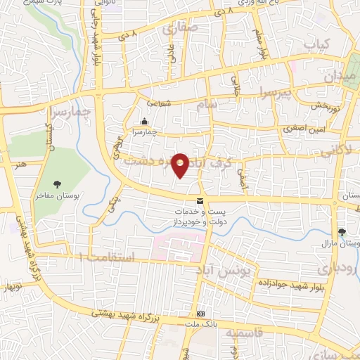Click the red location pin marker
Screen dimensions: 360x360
[181, 165]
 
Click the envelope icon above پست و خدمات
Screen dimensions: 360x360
[200, 201]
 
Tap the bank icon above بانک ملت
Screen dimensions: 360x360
[201, 314]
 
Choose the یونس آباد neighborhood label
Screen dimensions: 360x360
[230, 272]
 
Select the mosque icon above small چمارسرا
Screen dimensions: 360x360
[144, 121]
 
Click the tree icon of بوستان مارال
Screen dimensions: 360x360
[342, 231]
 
